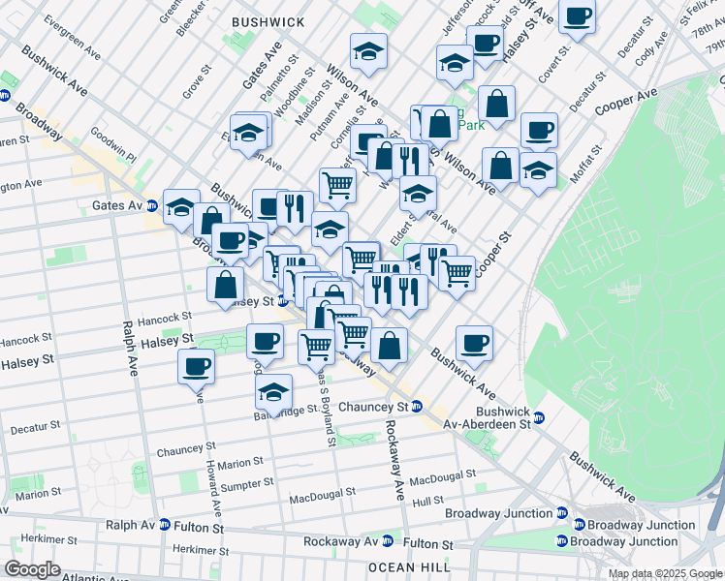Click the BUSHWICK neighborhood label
[x=268, y=21]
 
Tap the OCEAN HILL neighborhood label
[x=401, y=566]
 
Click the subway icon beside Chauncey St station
[x=416, y=406]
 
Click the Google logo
[x=32, y=568]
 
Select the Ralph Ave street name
[x=128, y=349]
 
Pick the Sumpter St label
[x=234, y=484]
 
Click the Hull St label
[x=426, y=502]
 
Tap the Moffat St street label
[x=591, y=162]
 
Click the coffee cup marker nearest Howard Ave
[x=197, y=366]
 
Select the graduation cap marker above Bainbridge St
[x=274, y=391]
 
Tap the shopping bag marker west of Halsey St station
[x=225, y=285]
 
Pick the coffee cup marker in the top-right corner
[x=577, y=16]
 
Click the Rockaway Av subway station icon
[x=388, y=541]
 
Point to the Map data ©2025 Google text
[x=665, y=573]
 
